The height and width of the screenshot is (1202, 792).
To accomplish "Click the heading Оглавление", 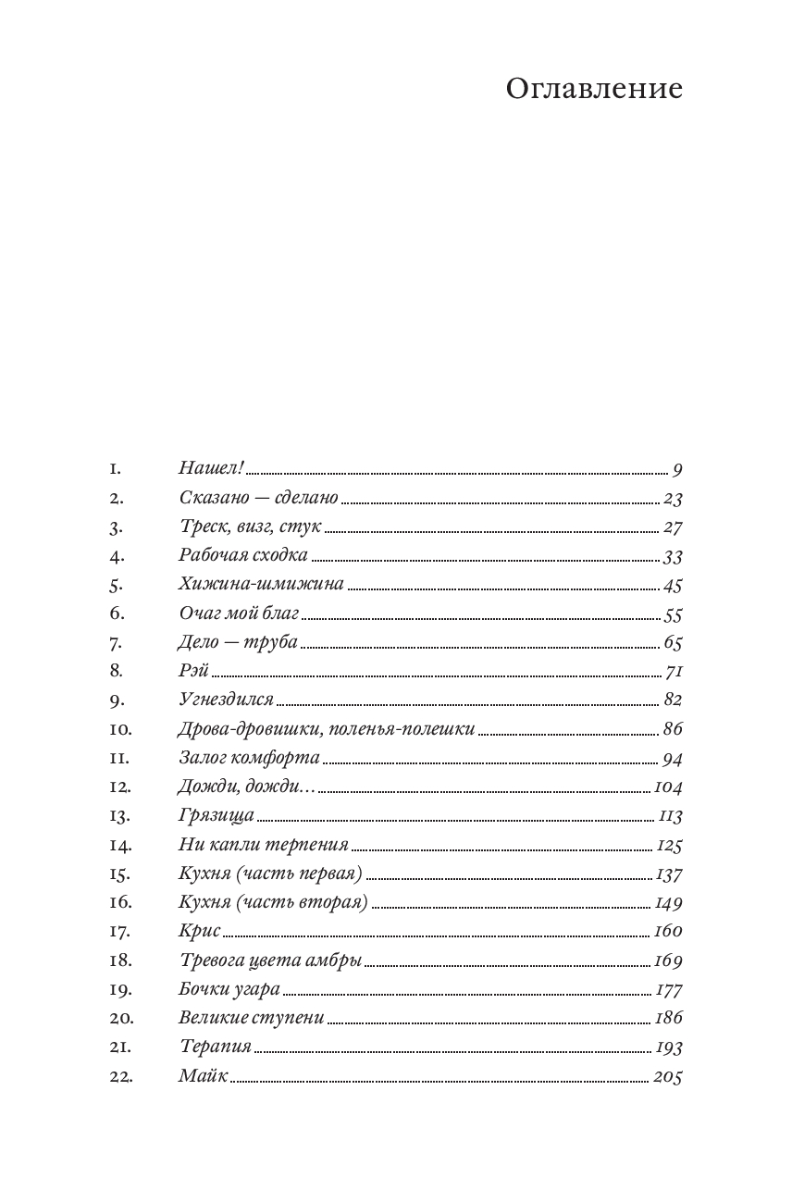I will pos(594,89).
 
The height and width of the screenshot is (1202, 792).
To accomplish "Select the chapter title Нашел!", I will pos(210,468).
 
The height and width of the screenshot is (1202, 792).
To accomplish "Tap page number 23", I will pos(673,498).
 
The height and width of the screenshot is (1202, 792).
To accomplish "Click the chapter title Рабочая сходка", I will pos(242,555).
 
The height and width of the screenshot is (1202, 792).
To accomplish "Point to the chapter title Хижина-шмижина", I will pos(261,584).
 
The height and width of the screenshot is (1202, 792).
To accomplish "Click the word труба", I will pos(271,641).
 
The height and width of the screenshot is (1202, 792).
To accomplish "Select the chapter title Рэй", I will pos(193,670).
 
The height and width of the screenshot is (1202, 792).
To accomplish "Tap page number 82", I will pos(673,700).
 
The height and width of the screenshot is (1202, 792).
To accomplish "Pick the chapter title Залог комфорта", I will pos(249,757).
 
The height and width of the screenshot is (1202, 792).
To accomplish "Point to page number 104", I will pos(667,787).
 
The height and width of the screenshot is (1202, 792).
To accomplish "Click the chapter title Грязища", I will pos(216,815).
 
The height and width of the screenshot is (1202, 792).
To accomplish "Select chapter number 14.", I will pos(120,844).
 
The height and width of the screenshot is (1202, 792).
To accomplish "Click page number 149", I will pos(668,902).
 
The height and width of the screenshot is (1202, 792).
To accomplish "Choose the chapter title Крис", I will pos(199,931).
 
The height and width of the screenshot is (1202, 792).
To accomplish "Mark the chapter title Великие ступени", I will pos(251,1018).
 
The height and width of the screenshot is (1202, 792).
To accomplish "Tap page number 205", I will pos(667,1076).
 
